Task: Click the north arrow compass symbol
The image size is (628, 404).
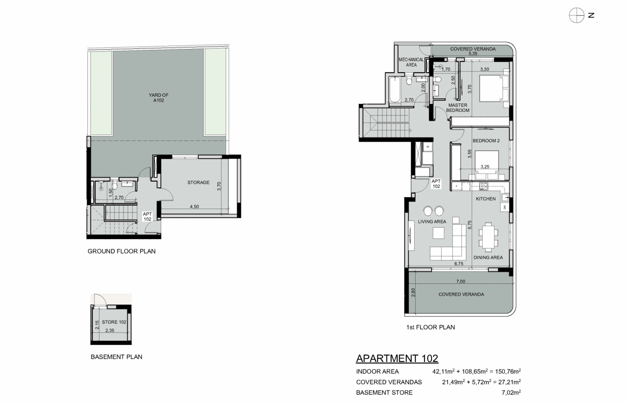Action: point(576,15)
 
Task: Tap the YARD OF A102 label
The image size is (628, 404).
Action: point(159,98)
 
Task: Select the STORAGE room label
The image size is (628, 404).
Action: point(198,183)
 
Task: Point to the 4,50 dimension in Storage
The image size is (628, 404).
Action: point(194,206)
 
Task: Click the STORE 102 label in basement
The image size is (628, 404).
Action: point(114,322)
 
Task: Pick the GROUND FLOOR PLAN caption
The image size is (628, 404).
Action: point(121,251)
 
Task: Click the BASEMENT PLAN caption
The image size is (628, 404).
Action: point(116,357)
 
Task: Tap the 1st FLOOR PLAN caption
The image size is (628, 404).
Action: point(430,327)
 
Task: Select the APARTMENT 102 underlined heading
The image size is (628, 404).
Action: point(397,358)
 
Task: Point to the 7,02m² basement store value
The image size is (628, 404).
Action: point(511,392)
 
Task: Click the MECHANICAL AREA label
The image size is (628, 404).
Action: point(411,62)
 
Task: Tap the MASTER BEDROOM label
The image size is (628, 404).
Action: point(458,108)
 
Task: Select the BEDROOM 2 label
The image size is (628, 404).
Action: point(486,141)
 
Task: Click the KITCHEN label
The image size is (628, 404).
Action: point(486,198)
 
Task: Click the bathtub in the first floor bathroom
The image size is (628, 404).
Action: point(395,89)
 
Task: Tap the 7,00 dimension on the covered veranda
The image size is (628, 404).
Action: point(461,282)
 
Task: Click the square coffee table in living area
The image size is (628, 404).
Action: point(438,233)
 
